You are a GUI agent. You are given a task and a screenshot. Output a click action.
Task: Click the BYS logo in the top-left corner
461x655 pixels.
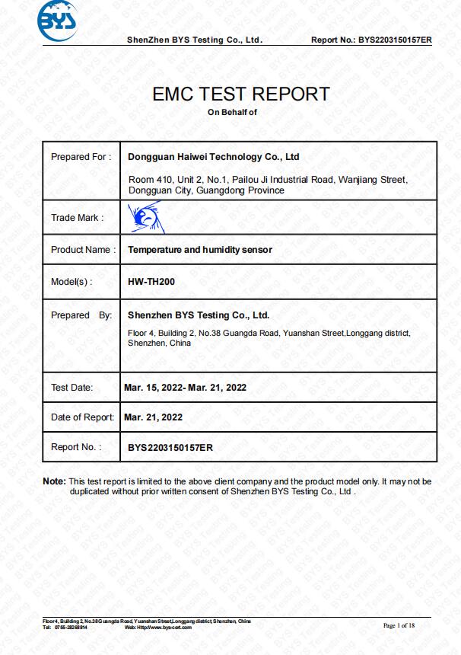[x=57, y=24]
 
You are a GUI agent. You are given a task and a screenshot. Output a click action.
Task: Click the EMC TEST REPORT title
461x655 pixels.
[x=241, y=94]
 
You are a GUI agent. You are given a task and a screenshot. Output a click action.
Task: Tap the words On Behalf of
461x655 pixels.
[x=233, y=112]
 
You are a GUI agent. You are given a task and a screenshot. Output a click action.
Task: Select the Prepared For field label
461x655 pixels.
[x=81, y=157]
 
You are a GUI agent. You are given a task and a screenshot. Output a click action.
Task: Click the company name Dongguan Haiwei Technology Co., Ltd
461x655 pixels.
[x=213, y=157]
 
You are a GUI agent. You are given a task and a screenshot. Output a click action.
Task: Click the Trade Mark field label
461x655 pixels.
[x=77, y=218]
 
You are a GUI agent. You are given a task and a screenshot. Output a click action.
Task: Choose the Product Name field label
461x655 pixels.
[x=83, y=250]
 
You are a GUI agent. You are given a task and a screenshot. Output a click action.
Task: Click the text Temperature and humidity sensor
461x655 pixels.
[x=199, y=250]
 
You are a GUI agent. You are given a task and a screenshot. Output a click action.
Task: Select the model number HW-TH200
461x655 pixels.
[x=151, y=282]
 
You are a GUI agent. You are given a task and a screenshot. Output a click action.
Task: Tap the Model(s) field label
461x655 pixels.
[x=72, y=282]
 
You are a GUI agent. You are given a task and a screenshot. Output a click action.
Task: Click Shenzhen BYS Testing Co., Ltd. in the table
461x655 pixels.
[x=199, y=315]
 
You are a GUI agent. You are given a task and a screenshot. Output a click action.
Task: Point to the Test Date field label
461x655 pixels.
[x=72, y=388]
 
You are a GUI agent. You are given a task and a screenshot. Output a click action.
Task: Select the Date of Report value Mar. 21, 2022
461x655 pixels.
[x=153, y=417]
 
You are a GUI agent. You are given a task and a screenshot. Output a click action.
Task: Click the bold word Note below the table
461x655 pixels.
[x=53, y=481]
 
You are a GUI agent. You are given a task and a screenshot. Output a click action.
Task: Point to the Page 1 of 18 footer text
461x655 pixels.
[x=399, y=625]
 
